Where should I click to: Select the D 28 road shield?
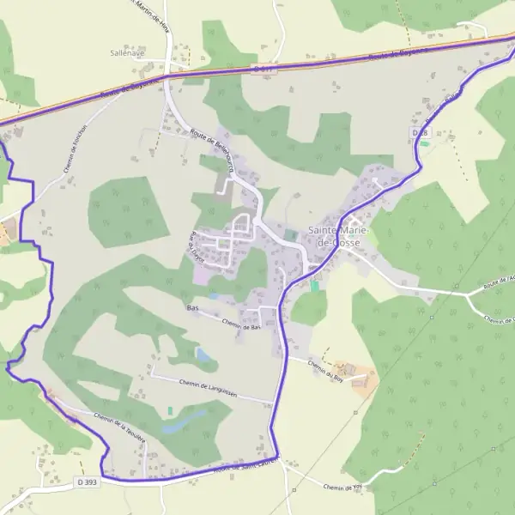(420, 133)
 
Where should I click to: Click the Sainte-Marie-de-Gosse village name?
(335, 237)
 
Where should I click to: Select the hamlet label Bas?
(192, 306)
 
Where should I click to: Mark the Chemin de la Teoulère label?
(119, 427)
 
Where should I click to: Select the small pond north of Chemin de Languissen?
(203, 354)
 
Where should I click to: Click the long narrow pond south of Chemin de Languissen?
(185, 421)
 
